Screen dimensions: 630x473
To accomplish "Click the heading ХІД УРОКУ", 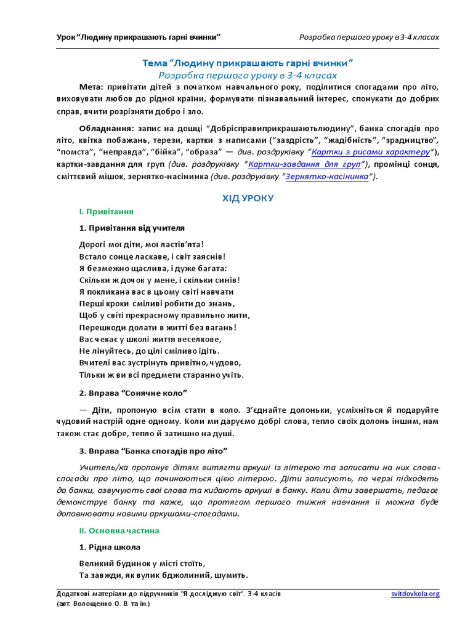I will point(248,198).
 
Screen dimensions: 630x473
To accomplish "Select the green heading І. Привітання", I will point(107,212).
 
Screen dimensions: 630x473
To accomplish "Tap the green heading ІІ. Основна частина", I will point(119,530).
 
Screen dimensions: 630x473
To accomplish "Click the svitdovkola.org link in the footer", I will point(415,594).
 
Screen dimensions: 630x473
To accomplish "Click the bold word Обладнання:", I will point(105,129).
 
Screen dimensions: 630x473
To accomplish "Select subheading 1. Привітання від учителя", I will point(132,228).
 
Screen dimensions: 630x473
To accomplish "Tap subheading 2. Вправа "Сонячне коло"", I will point(133,393).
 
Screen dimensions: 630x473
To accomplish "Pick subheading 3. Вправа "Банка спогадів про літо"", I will point(153,450).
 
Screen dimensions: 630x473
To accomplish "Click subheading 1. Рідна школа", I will point(110,547).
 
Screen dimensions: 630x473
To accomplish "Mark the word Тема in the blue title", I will point(154,63).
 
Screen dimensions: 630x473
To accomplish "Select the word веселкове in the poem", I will point(200,339).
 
